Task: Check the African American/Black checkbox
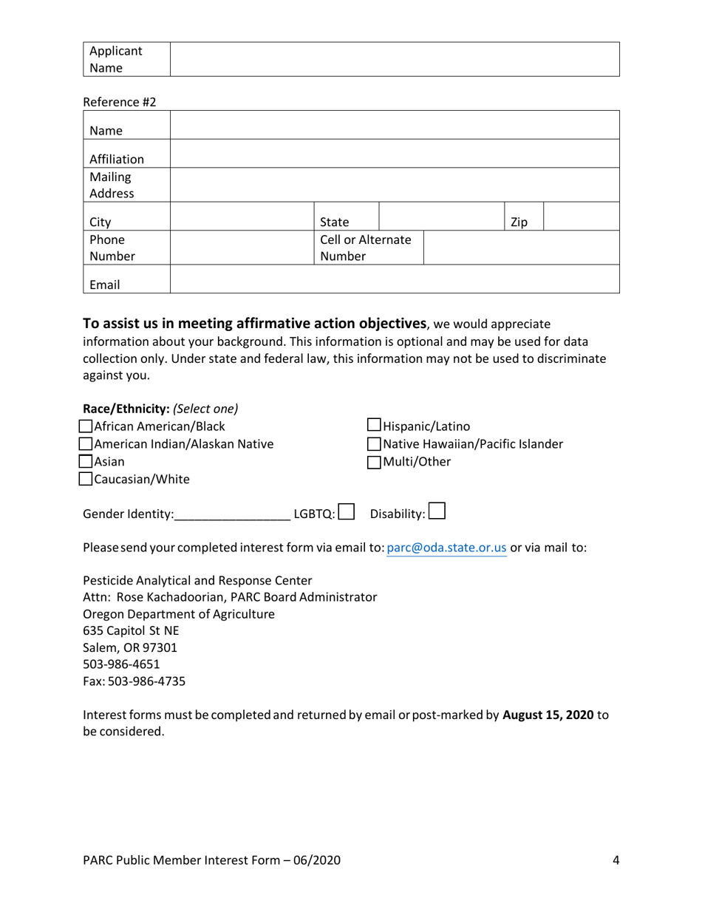pyautogui.click(x=86, y=426)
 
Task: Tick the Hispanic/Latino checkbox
pyautogui.click(x=374, y=426)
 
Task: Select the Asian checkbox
pyautogui.click(x=86, y=462)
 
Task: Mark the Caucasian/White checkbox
pyautogui.click(x=86, y=480)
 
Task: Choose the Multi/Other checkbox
pyautogui.click(x=374, y=463)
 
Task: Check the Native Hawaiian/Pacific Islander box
pyautogui.click(x=374, y=444)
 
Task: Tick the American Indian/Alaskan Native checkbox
pyautogui.click(x=86, y=444)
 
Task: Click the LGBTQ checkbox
pyautogui.click(x=347, y=512)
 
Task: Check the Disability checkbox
pyautogui.click(x=437, y=511)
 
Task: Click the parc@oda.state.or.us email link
pyautogui.click(x=446, y=548)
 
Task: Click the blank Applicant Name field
pyautogui.click(x=394, y=59)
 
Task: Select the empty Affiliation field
pyautogui.click(x=394, y=153)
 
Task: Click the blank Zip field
pyautogui.click(x=582, y=216)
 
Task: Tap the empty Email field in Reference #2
pyautogui.click(x=394, y=279)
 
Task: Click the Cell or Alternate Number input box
pyautogui.click(x=521, y=248)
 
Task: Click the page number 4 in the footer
pyautogui.click(x=616, y=859)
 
